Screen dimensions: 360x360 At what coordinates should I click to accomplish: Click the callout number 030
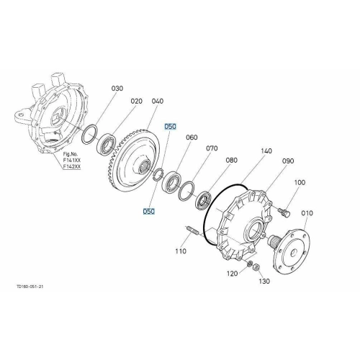[x=117, y=89]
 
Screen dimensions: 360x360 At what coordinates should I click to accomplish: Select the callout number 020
[x=136, y=102]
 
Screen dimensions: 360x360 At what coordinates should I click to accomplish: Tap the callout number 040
[x=158, y=101]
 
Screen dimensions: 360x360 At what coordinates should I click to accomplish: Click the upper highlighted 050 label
[x=170, y=126]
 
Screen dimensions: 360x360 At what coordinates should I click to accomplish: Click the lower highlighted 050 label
[x=149, y=212]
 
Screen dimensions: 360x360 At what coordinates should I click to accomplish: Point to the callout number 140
[x=266, y=151]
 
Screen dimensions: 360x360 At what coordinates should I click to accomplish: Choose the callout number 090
[x=288, y=161]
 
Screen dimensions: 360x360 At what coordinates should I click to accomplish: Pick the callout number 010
[x=307, y=213]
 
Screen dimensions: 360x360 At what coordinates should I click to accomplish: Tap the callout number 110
[x=181, y=251]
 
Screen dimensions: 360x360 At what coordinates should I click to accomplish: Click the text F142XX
[x=72, y=166]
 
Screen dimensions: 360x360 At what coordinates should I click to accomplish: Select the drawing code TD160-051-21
[x=30, y=287]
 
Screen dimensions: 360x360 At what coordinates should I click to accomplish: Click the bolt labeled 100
[x=284, y=212]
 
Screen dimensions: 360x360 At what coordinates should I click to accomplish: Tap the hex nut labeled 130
[x=256, y=266]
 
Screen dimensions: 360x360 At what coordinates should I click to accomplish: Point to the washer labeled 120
[x=250, y=264]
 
